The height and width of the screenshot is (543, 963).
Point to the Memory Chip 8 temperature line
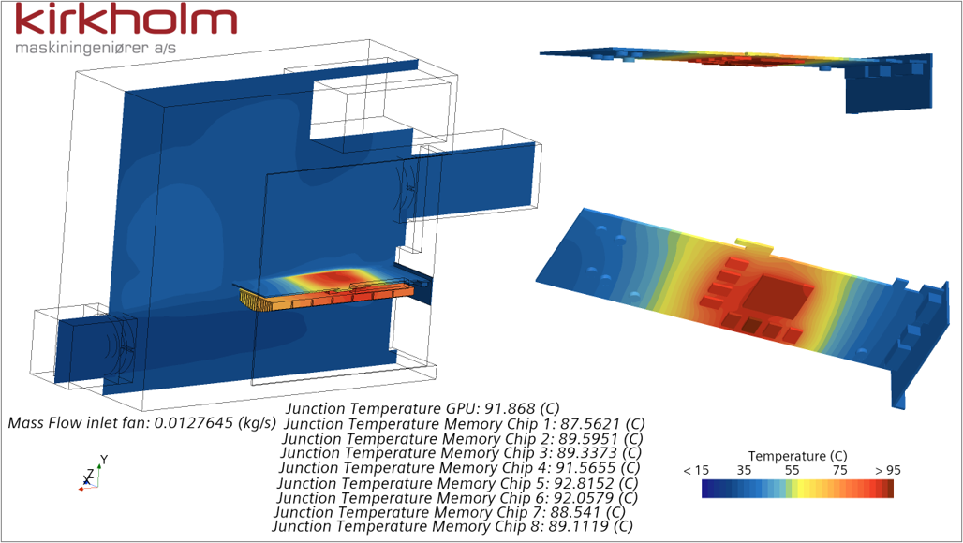pos(452,526)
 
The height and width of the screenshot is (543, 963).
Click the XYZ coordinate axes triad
pos(88,475)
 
